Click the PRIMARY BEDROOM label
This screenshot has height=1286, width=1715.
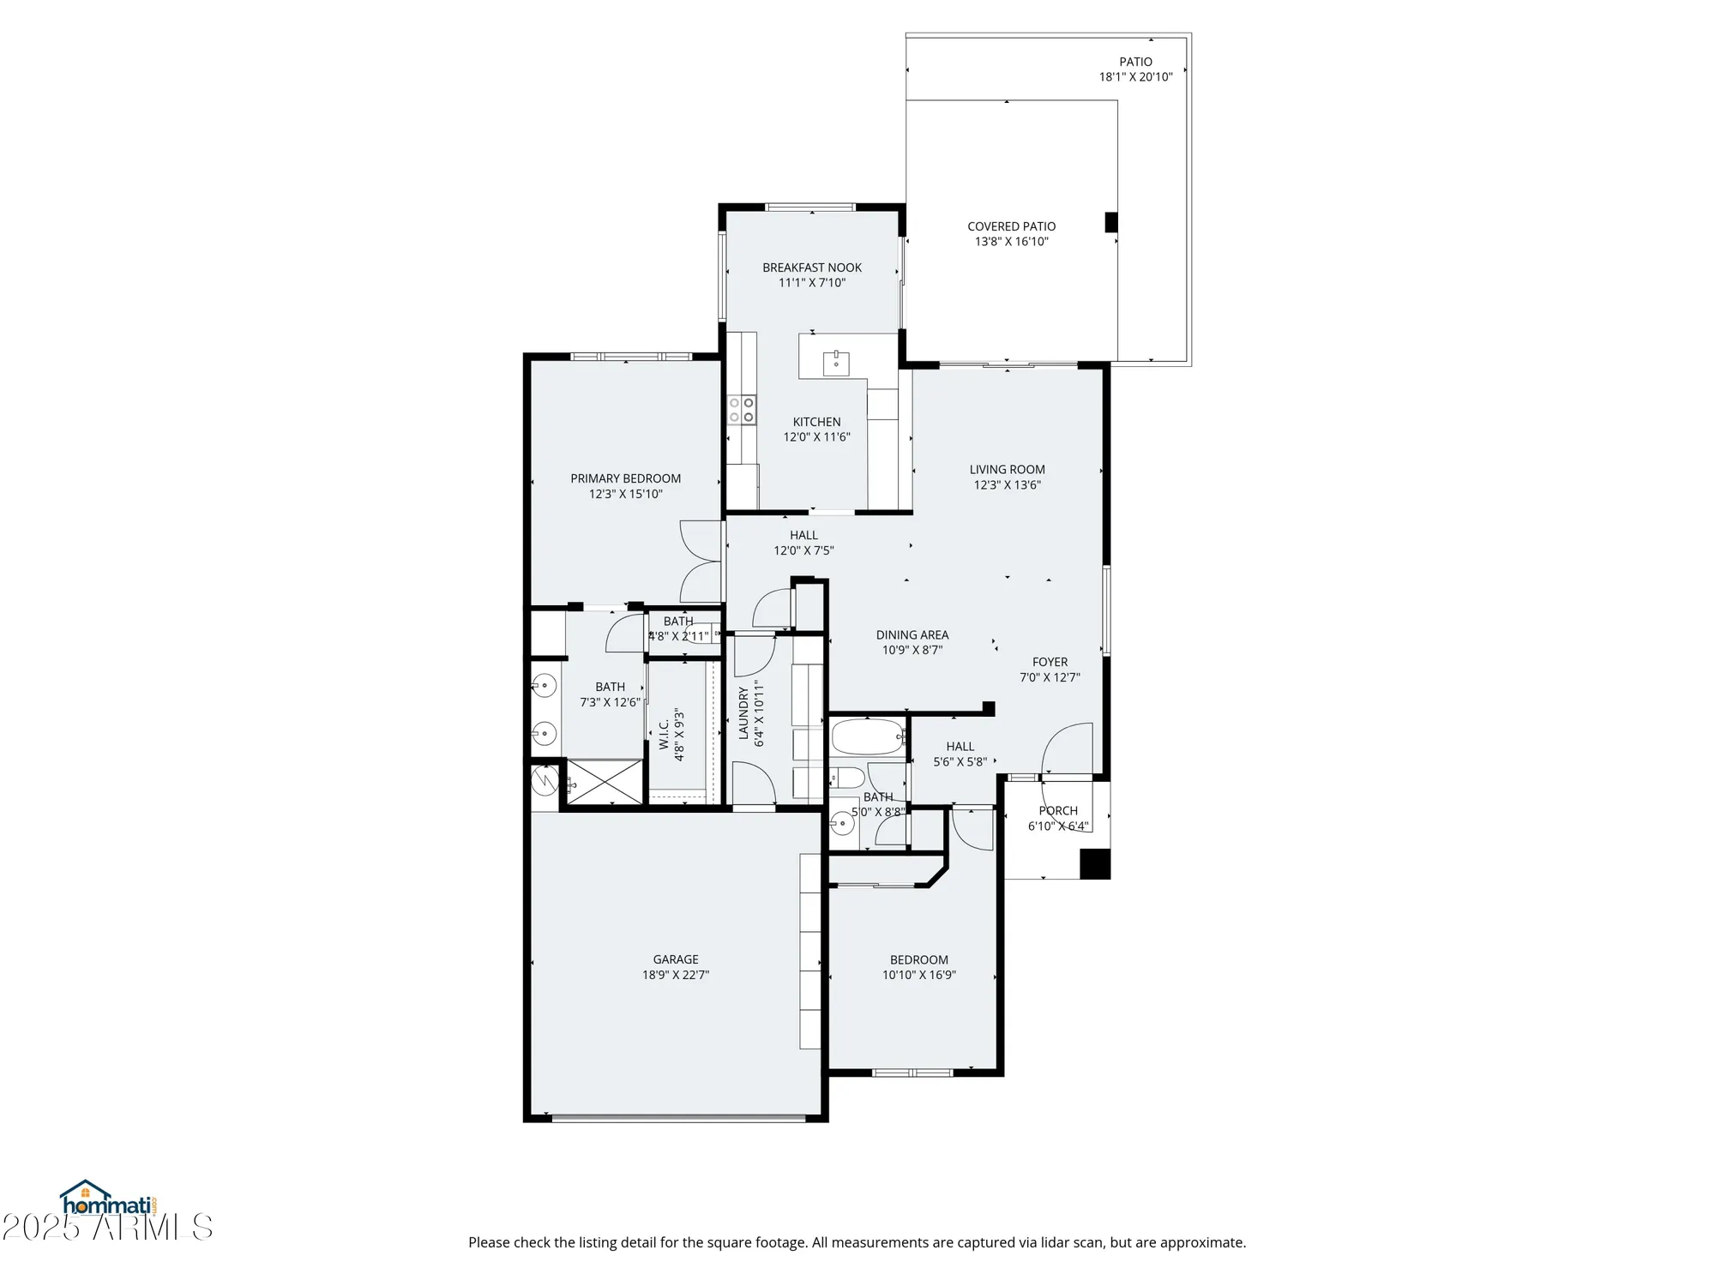pyautogui.click(x=625, y=478)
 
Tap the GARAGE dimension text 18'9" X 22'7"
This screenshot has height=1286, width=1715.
pyautogui.click(x=676, y=975)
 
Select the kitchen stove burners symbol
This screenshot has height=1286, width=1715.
pyautogui.click(x=742, y=409)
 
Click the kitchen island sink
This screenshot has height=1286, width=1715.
pyautogui.click(x=836, y=363)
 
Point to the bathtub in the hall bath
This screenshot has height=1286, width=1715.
pyautogui.click(x=868, y=736)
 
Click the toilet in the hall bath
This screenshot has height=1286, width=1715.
pyautogui.click(x=847, y=778)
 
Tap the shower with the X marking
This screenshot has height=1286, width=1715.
pyautogui.click(x=605, y=782)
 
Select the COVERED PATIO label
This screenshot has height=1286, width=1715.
pyautogui.click(x=1011, y=226)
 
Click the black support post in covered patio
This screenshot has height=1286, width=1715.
pyautogui.click(x=1111, y=222)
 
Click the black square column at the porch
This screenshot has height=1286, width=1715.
pyautogui.click(x=1095, y=863)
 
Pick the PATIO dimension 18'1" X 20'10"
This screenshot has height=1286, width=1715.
pyautogui.click(x=1135, y=77)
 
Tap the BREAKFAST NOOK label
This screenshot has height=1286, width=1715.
pyautogui.click(x=812, y=267)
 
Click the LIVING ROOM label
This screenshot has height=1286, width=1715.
pyautogui.click(x=1007, y=470)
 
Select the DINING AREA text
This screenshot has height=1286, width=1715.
pyautogui.click(x=912, y=635)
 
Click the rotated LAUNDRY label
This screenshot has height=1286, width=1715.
pyautogui.click(x=743, y=712)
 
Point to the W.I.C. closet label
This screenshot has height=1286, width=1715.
pyautogui.click(x=665, y=735)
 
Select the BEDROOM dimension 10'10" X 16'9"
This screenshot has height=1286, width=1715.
pyautogui.click(x=918, y=975)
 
